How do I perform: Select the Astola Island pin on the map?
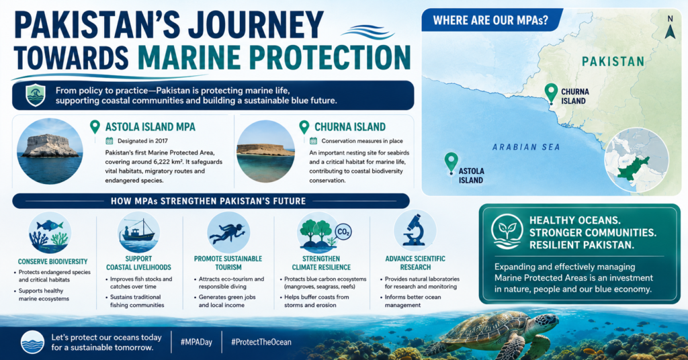451,163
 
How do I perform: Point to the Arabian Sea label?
526,147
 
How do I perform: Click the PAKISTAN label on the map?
613,61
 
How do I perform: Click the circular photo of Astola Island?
50,151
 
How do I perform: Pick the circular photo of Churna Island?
265,151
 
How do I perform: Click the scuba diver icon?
228,232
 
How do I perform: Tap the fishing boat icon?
138,232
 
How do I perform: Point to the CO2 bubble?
343,232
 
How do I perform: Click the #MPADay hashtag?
196,343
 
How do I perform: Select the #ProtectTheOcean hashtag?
261,343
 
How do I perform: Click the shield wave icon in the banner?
35,95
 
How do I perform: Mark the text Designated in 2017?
142,141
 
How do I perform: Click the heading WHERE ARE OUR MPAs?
490,21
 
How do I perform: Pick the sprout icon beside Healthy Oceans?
507,232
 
